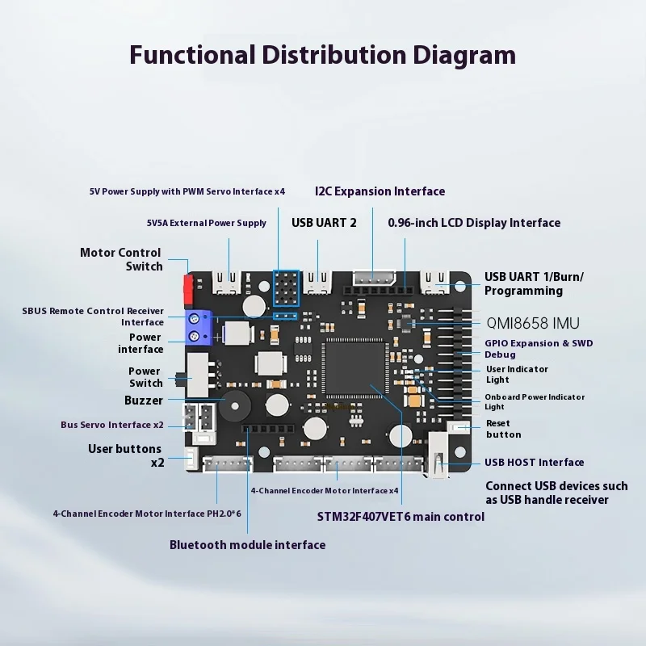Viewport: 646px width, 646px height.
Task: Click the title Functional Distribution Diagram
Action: (x=322, y=55)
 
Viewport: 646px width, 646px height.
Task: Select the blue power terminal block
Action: (x=198, y=327)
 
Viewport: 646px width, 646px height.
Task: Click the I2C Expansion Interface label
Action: (x=380, y=191)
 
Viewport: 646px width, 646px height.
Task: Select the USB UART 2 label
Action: (x=323, y=223)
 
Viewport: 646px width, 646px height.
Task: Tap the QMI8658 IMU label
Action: (x=533, y=323)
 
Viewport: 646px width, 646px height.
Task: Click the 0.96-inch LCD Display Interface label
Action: (x=474, y=223)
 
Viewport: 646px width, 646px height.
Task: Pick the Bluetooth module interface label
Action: (x=247, y=545)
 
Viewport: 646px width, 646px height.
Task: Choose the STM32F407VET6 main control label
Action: (x=401, y=517)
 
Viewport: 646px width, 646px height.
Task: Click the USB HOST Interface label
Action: (x=534, y=463)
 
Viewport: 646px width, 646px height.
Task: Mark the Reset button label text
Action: (x=504, y=429)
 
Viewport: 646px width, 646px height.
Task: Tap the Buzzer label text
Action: (x=144, y=401)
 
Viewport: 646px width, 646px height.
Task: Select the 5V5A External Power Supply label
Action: (x=206, y=223)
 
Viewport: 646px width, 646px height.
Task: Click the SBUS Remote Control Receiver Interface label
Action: (x=93, y=317)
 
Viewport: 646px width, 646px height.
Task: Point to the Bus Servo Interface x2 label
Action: (x=111, y=425)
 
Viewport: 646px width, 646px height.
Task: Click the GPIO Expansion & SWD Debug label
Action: (x=539, y=349)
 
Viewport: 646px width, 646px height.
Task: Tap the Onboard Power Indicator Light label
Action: (x=534, y=402)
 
